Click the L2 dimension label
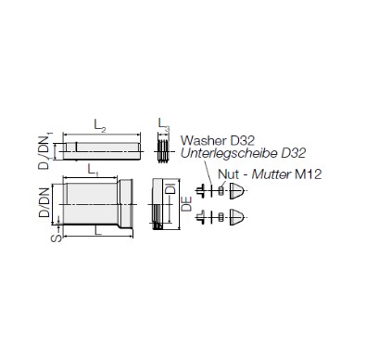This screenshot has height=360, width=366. tap(100, 125)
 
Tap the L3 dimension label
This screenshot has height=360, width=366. tap(164, 124)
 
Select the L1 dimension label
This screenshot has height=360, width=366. tap(93, 170)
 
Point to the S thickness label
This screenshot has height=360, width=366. tap(57, 238)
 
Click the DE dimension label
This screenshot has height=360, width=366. tap(186, 204)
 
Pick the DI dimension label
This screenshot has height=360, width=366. tap(170, 188)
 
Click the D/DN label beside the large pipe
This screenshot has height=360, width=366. tap(44, 202)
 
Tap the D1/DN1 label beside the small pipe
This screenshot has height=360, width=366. tap(45, 151)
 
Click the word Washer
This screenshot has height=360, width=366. tap(203, 141)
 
